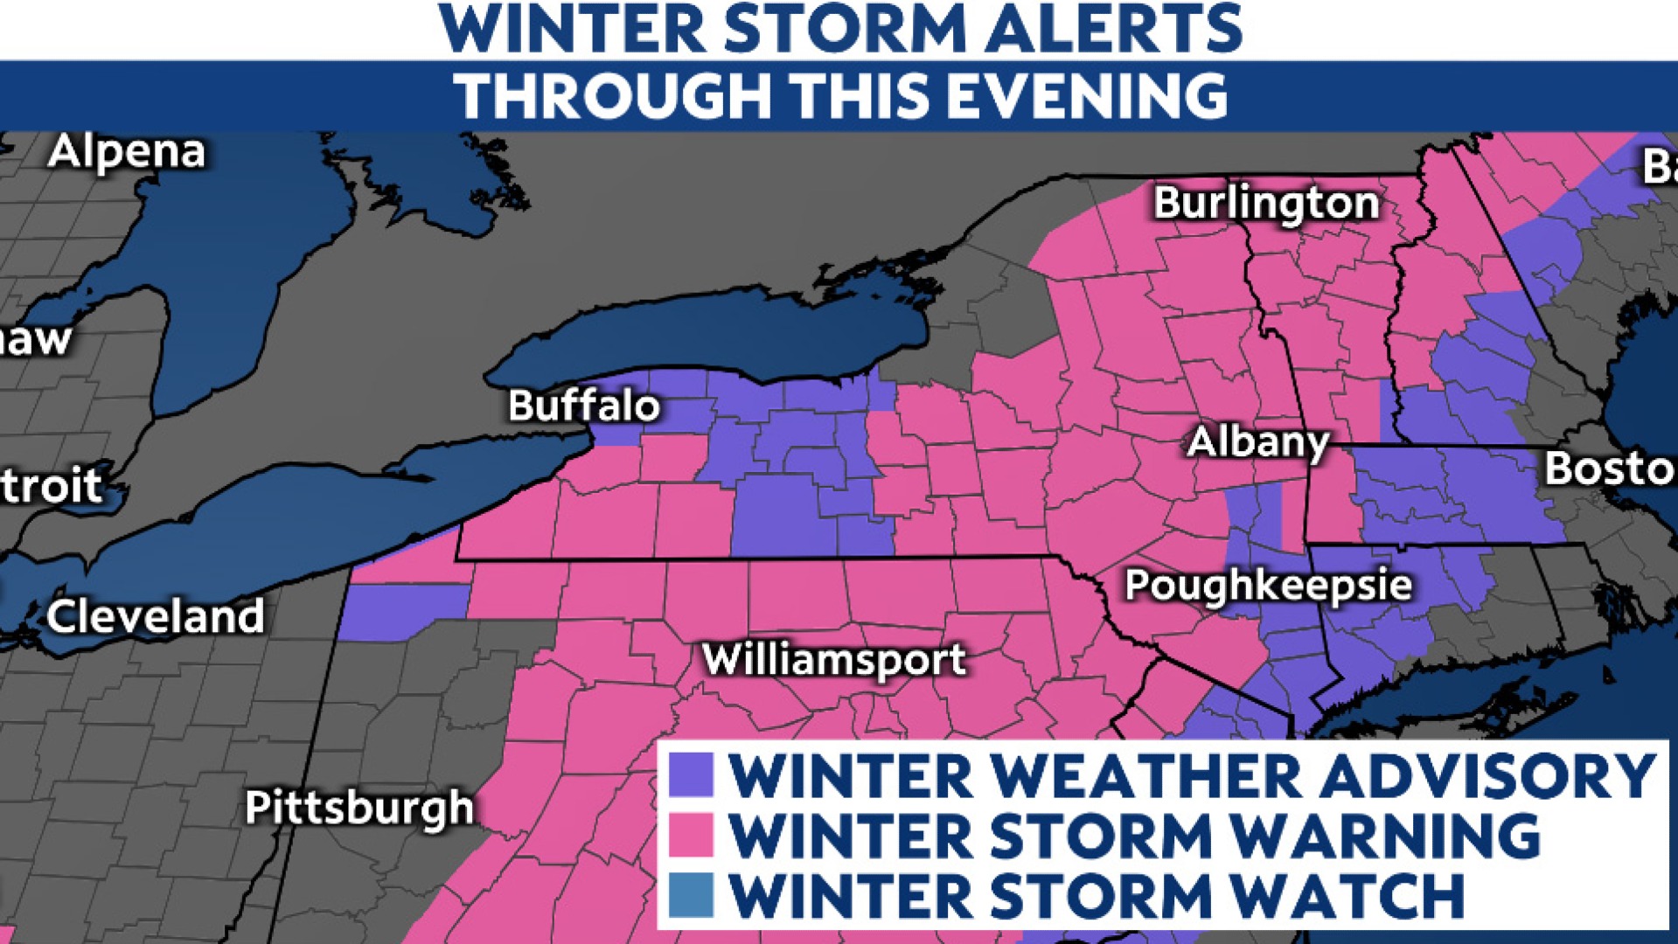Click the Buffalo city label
point(583,406)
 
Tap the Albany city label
point(1257,442)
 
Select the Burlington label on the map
point(1265,204)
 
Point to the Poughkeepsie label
point(1267,585)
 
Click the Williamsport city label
point(834,659)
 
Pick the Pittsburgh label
point(359,807)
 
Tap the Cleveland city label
point(156,617)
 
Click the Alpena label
point(127,152)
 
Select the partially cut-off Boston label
point(1609,469)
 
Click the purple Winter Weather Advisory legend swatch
point(691,775)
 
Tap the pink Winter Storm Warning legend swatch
point(691,835)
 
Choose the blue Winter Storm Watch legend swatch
point(691,894)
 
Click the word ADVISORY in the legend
point(1487,775)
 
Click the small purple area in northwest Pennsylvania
point(398,610)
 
